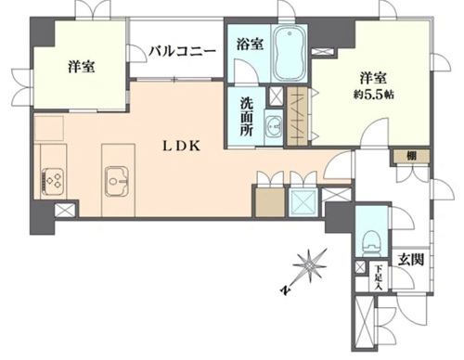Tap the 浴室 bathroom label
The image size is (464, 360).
click(250, 44)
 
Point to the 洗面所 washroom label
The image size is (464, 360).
click(247, 117)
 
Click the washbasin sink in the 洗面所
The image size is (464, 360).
click(274, 126)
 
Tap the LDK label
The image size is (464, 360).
click(182, 146)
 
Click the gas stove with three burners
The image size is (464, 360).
click(53, 181)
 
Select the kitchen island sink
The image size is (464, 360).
click(117, 181)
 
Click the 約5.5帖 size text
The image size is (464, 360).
click(374, 95)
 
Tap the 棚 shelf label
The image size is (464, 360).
click(411, 156)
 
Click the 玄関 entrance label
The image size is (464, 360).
click(410, 260)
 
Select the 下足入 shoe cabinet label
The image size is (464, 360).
click(378, 277)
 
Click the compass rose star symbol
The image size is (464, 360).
click(310, 265)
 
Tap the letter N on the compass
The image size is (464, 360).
click(285, 289)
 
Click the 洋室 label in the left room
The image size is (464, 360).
click(82, 67)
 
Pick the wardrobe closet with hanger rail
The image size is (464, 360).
click(298, 116)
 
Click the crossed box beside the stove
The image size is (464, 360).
click(66, 211)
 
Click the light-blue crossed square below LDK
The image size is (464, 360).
click(303, 202)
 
